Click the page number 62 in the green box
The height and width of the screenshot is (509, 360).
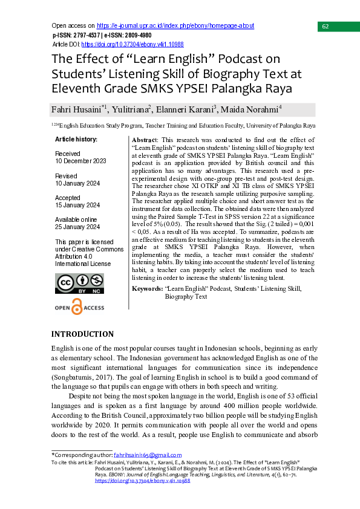(326, 27)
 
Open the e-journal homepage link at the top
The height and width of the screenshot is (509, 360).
(175, 26)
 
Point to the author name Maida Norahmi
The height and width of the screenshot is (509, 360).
(251, 110)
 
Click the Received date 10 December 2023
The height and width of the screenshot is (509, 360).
(80, 161)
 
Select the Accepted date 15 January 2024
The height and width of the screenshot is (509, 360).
(78, 205)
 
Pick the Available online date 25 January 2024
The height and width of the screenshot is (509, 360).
(78, 227)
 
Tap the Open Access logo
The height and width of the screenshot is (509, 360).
(79, 308)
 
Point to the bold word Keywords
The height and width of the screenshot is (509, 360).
(147, 289)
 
